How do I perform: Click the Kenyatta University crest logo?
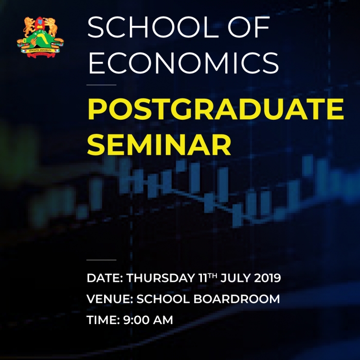[40, 37]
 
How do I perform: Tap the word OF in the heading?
[249, 27]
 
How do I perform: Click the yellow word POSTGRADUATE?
[216, 109]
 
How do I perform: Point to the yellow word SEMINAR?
[159, 145]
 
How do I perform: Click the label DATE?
[105, 278]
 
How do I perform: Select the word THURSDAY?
[161, 278]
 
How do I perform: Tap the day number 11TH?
[207, 278]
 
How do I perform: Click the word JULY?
[235, 278]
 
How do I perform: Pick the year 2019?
[268, 278]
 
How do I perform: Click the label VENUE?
[110, 299]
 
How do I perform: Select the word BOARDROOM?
[237, 299]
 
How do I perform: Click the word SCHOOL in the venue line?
[163, 299]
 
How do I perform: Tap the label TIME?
[103, 320]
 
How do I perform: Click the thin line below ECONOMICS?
[101, 85]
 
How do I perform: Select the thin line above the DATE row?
[101, 260]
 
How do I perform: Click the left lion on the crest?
[29, 26]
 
